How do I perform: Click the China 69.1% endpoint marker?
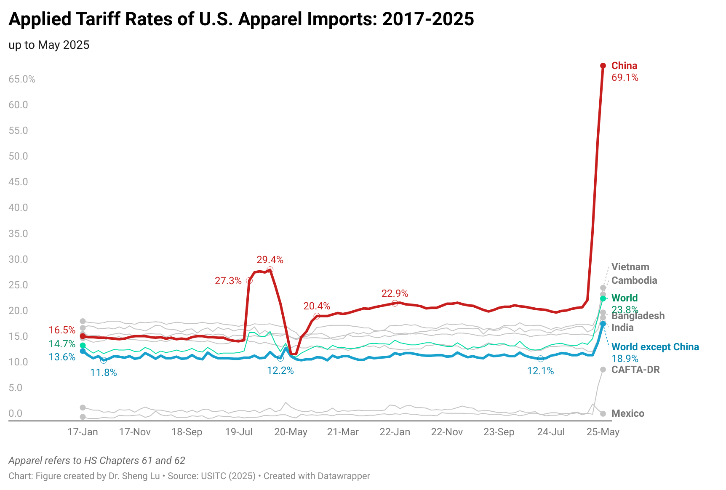pos(603,66)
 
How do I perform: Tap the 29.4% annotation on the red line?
pos(270,260)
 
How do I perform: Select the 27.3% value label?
pos(228,281)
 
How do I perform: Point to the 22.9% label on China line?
pos(395,293)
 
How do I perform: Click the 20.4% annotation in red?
pos(317,306)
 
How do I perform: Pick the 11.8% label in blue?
pos(104,373)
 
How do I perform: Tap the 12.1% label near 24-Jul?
pos(540,371)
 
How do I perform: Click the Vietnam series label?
pos(630,267)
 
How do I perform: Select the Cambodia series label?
pos(634,280)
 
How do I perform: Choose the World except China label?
pos(655,347)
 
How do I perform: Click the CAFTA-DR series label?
pos(635,370)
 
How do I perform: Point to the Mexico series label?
pos(627,413)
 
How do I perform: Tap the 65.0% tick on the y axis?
pos(22,79)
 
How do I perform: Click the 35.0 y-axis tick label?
pos(19,234)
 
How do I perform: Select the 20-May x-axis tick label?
pos(291,432)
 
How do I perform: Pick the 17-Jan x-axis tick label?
pos(83,432)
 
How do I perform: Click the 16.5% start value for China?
pos(62,330)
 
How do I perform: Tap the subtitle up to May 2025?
pos(49,45)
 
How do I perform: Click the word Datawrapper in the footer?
pos(344,476)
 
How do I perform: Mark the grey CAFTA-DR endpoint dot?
pos(603,370)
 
